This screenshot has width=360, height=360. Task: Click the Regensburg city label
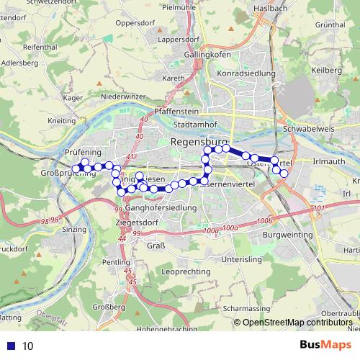199,143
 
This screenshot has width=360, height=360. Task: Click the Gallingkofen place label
207,55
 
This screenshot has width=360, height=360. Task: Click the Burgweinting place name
288,235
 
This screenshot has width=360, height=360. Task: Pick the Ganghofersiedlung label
161,207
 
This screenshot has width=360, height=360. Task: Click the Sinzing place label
74,229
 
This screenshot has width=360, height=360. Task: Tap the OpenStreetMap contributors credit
297,323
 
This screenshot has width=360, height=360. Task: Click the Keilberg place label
329,70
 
